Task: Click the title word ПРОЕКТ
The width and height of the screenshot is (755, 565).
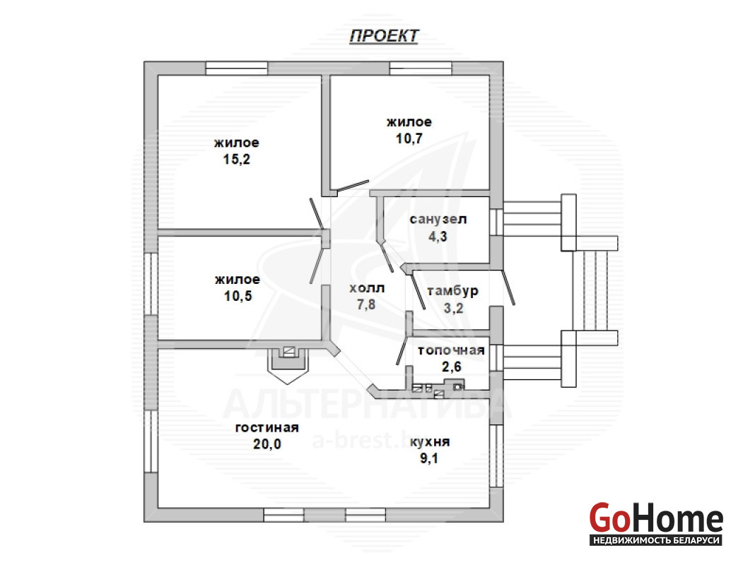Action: pyautogui.click(x=384, y=36)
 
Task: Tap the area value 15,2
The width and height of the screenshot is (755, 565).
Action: pyautogui.click(x=236, y=159)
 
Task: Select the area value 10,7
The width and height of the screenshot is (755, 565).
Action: pyautogui.click(x=409, y=138)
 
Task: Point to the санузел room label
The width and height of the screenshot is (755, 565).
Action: pyautogui.click(x=438, y=219)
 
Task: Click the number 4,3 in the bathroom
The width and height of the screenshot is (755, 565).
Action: pyautogui.click(x=438, y=237)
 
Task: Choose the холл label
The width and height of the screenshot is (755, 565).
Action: pyautogui.click(x=366, y=288)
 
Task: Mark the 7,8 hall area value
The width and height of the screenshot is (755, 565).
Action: pyautogui.click(x=366, y=304)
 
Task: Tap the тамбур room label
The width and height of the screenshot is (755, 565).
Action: pyautogui.click(x=452, y=292)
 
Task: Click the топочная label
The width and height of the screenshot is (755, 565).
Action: pyautogui.click(x=451, y=350)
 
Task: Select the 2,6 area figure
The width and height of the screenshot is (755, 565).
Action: pyautogui.click(x=452, y=367)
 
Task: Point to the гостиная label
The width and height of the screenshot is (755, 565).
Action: pyautogui.click(x=267, y=427)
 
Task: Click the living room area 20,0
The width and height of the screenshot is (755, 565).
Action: pyautogui.click(x=267, y=444)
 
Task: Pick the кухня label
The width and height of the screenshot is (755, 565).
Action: pyautogui.click(x=430, y=442)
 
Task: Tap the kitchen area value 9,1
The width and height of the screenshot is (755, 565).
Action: pyautogui.click(x=429, y=458)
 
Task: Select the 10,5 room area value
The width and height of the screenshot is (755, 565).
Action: pyautogui.click(x=238, y=296)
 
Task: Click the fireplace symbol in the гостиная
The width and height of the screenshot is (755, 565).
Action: pyautogui.click(x=288, y=364)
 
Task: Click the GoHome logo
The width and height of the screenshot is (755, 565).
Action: pyautogui.click(x=656, y=518)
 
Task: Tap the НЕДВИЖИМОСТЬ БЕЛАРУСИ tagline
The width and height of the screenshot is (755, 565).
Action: pyautogui.click(x=656, y=540)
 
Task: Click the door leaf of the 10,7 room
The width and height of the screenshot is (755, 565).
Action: pyautogui.click(x=353, y=186)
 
